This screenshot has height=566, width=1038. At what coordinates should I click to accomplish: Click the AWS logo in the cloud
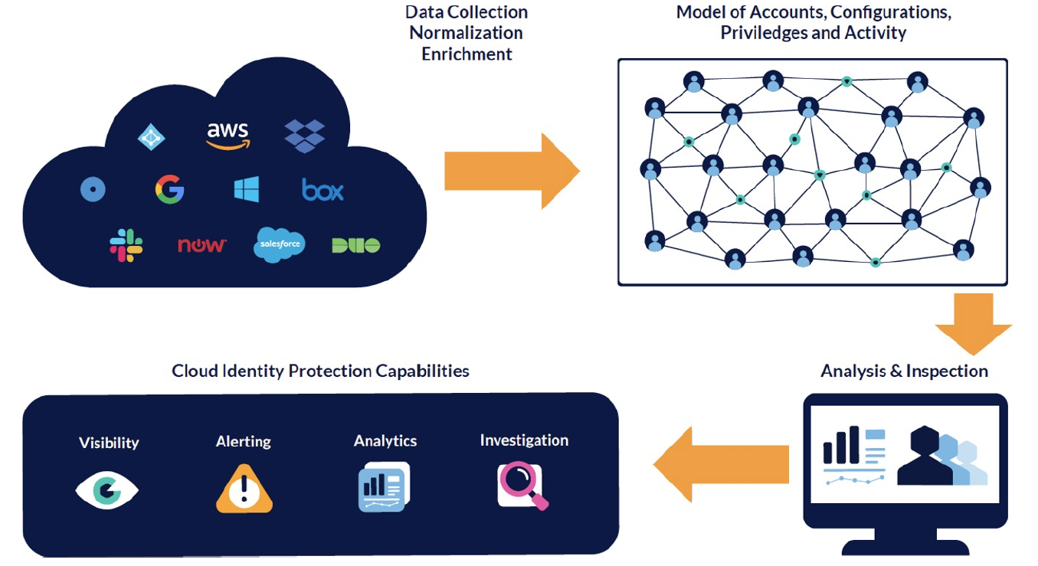click(x=228, y=134)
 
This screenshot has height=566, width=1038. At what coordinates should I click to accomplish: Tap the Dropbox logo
click(x=304, y=136)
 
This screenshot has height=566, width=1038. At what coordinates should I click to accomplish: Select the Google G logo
click(x=169, y=189)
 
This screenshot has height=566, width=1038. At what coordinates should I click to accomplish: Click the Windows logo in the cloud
click(x=247, y=189)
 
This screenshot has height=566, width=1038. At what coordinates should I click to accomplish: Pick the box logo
click(x=323, y=189)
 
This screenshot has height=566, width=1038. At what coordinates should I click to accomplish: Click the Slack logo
click(x=126, y=245)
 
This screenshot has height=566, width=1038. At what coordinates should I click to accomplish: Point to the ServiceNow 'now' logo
click(x=201, y=245)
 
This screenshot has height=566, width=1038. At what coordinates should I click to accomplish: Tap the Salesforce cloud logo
click(x=279, y=244)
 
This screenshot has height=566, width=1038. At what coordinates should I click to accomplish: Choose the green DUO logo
click(x=355, y=245)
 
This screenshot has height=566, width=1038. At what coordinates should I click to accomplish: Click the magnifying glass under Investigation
click(x=523, y=486)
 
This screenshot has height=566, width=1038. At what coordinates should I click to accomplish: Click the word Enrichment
click(x=467, y=54)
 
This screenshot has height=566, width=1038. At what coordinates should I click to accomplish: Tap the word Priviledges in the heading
click(x=757, y=33)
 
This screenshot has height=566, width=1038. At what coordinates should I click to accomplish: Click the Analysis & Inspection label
click(x=904, y=371)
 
